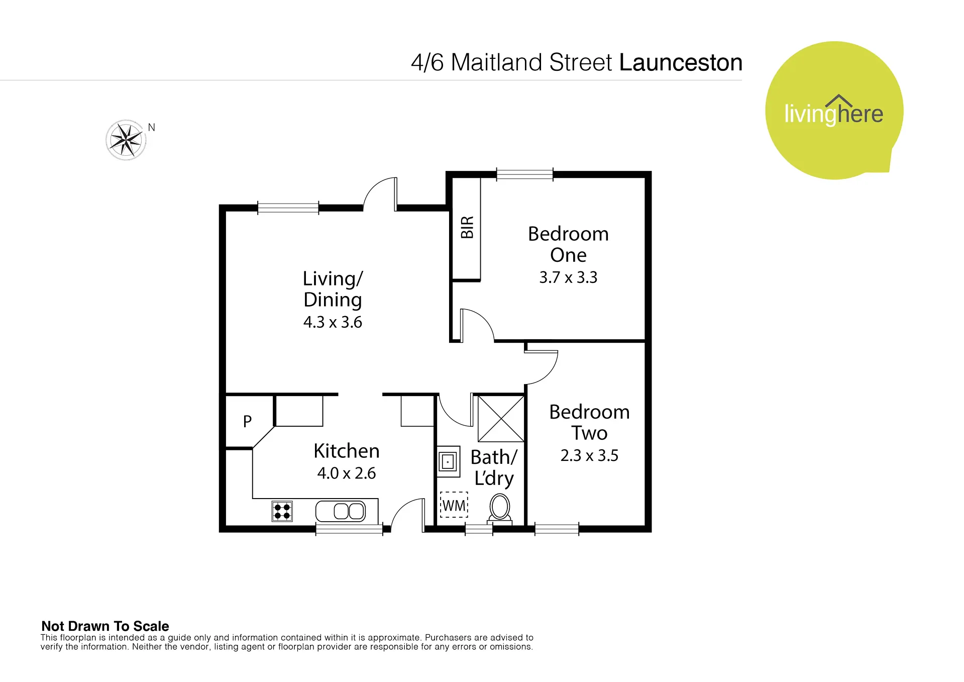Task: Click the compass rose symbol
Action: [126, 140]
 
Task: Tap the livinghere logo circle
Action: [834, 111]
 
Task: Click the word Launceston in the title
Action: [681, 63]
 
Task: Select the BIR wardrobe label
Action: [467, 227]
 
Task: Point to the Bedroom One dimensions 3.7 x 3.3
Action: [568, 277]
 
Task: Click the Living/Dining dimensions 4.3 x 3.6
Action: [333, 322]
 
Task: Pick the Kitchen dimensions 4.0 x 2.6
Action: [347, 473]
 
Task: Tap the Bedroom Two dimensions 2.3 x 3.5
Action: [589, 456]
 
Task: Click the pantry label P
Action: [247, 421]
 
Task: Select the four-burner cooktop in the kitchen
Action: [282, 512]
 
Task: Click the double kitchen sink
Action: [341, 512]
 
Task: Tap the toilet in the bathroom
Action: [500, 509]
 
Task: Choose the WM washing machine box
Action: [454, 505]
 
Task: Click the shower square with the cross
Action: [501, 419]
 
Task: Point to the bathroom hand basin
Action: [449, 461]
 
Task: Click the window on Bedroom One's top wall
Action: [525, 174]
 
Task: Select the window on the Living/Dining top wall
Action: [288, 208]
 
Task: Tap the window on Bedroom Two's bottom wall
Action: [557, 529]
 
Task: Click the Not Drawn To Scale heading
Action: [105, 626]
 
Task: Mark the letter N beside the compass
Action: [152, 128]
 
